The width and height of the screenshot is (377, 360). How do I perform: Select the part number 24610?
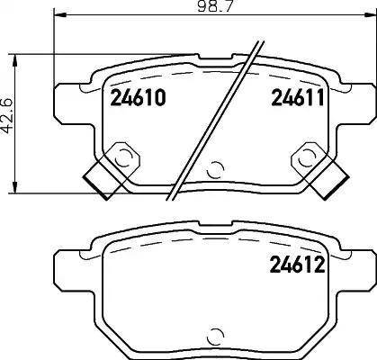(138, 100)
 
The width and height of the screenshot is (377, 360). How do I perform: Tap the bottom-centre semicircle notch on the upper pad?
(213, 169)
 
